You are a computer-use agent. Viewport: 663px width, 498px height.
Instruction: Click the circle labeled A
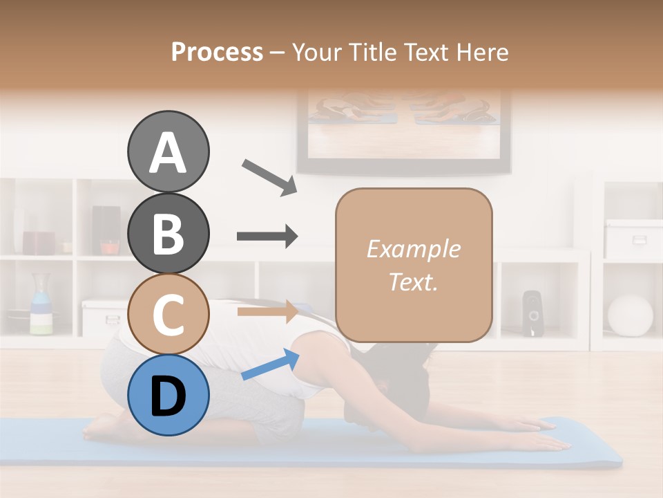click(168, 151)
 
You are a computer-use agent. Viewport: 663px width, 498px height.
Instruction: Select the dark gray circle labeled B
click(168, 233)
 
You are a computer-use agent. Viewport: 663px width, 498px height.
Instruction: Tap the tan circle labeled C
click(168, 314)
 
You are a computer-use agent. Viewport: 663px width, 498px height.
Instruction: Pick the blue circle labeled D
click(168, 395)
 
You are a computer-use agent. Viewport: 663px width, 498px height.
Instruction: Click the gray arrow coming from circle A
click(269, 176)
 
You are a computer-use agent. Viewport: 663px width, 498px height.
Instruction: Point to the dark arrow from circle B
click(267, 237)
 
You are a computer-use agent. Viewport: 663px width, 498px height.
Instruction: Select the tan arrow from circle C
click(267, 311)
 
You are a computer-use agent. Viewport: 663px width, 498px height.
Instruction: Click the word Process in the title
click(217, 52)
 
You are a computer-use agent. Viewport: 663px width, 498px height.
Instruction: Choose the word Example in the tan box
click(413, 249)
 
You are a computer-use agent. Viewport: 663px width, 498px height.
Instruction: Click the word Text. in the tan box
click(413, 282)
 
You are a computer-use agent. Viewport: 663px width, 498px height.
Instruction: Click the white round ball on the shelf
click(630, 315)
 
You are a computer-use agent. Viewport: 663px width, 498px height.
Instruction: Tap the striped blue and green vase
click(41, 304)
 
